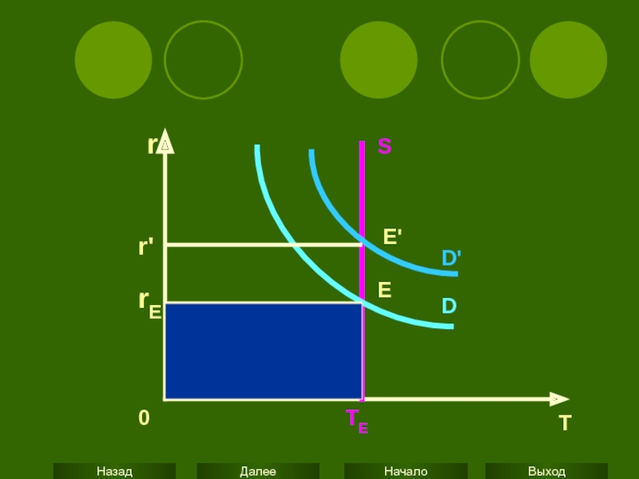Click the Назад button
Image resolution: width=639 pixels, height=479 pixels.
point(114,471)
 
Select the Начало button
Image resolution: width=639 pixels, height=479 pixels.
point(405,471)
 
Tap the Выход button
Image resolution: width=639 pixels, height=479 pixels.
point(546,471)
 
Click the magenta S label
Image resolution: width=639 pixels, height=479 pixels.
point(384,147)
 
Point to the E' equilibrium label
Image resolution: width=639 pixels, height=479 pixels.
point(392,236)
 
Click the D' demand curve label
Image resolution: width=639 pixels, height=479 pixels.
point(451,258)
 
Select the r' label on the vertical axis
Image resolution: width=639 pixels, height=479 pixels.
point(146,247)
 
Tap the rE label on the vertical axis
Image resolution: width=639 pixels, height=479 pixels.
point(149,303)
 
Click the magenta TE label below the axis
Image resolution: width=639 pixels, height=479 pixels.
point(356,421)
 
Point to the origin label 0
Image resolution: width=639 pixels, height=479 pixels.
point(144,418)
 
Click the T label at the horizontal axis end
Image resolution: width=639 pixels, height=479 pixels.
point(566,423)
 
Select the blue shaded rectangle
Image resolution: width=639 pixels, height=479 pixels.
point(263,351)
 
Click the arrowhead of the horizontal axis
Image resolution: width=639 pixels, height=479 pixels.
point(561,398)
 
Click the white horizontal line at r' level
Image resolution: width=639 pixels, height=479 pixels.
point(264,244)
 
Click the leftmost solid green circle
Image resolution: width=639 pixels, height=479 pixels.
point(113,60)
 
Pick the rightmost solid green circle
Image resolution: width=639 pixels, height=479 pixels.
point(568,60)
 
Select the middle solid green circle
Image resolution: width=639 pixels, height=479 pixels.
point(379,60)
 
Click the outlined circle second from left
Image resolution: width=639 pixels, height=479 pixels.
point(203,60)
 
